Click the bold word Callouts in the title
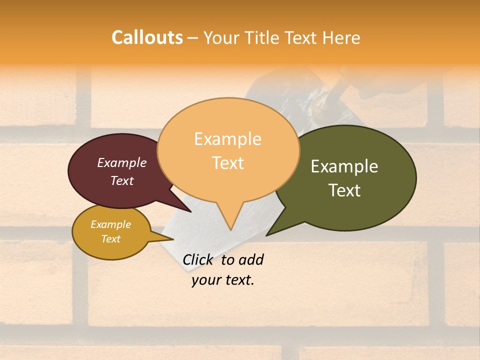pos(147,37)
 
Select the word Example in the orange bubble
pos(227,139)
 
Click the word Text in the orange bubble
pos(227,163)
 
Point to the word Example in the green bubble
pos(344,166)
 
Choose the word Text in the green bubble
pos(344,190)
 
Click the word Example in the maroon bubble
pos(122,163)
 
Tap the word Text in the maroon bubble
pos(122,180)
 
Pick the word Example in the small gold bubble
pos(110,224)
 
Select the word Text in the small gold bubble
pos(110,239)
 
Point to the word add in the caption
pos(250,259)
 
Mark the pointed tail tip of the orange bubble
pos(230,230)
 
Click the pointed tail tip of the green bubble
pos(266,235)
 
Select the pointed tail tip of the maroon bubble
pos(191,212)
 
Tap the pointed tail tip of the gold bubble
pos(173,239)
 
